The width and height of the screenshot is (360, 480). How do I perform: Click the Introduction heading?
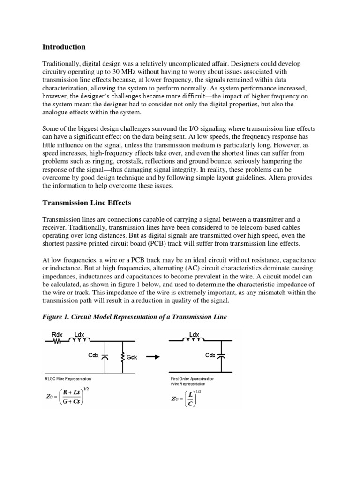[x=64, y=47]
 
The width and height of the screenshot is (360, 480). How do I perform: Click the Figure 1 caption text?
[x=135, y=317]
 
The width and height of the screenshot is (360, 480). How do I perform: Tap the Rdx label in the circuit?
[x=57, y=335]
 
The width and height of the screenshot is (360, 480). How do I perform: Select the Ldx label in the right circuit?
[x=194, y=335]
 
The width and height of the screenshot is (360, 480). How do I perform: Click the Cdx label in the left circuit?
[x=94, y=355]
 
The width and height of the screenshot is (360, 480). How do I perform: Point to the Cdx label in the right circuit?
[x=210, y=355]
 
